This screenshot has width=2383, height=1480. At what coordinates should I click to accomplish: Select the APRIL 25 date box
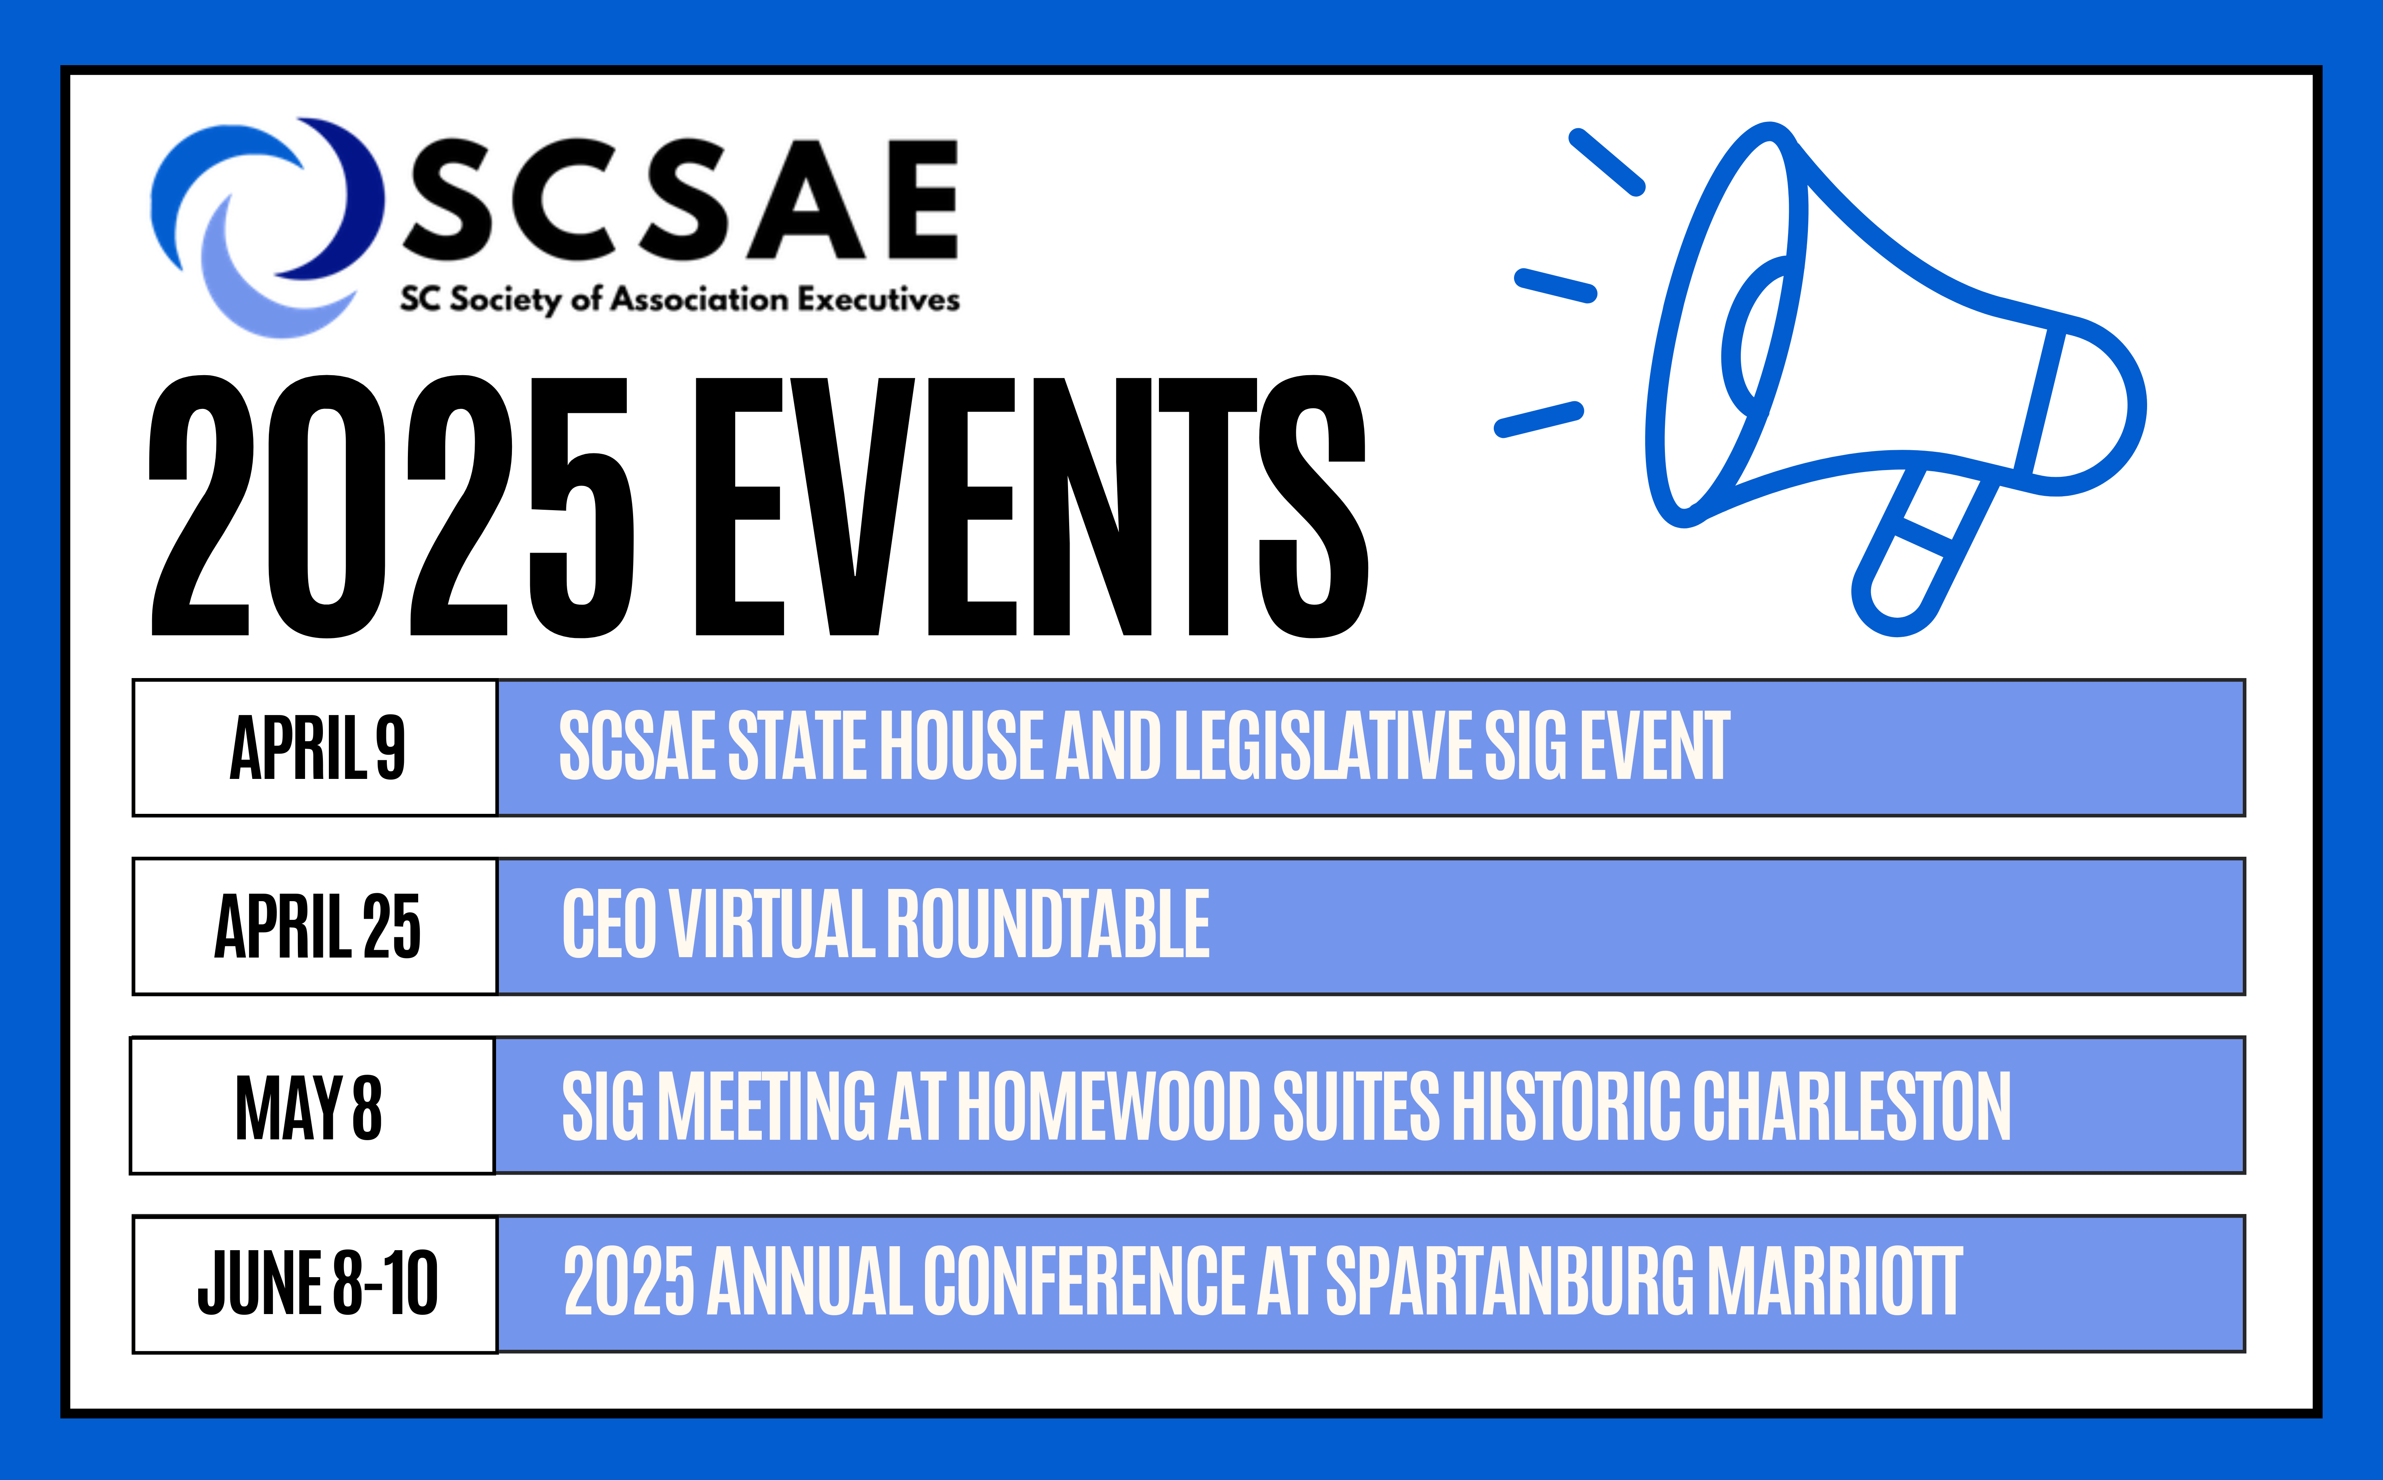[x=315, y=926]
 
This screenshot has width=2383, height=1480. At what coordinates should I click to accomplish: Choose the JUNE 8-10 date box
[x=315, y=1284]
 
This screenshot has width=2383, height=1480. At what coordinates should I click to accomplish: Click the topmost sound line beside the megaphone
[x=1607, y=162]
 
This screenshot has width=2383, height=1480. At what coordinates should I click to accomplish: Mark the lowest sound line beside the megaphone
[x=1539, y=419]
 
